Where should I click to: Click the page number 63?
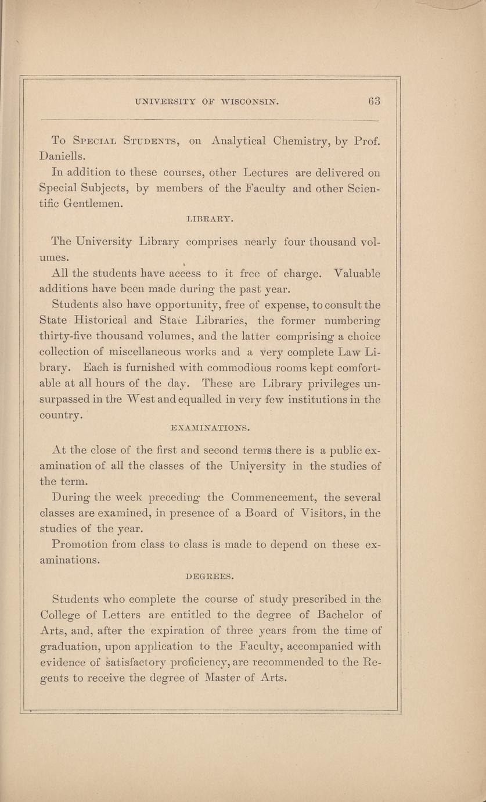click(x=373, y=101)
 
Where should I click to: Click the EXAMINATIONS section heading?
click(x=210, y=428)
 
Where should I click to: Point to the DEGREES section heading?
click(x=210, y=577)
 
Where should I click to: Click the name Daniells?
click(x=63, y=156)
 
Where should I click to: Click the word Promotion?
click(x=79, y=545)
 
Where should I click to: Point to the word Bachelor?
click(x=336, y=615)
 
